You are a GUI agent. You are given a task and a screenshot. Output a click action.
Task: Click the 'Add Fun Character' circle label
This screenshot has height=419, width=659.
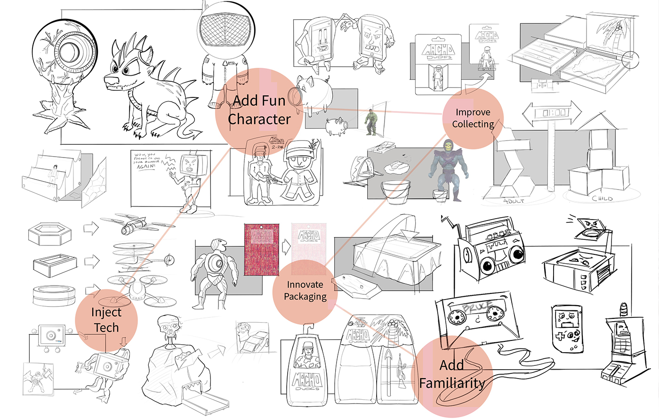pos(258,110)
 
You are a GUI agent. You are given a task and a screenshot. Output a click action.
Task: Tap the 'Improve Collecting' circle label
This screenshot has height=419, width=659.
pos(473,118)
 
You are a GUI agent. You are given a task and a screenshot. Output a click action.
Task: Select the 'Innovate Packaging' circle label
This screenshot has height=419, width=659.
pos(305,291)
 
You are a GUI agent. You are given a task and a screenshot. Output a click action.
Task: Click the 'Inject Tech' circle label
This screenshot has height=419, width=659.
pos(106,320)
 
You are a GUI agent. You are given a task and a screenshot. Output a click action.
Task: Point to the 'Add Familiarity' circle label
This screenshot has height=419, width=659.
pos(452,374)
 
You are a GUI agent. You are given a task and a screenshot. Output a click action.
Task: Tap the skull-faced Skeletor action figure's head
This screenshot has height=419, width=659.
pos(447,146)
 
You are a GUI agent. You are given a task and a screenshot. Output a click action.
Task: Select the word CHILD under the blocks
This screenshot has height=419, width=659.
pos(602,198)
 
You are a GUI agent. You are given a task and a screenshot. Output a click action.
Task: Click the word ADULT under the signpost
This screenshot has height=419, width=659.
pos(514,201)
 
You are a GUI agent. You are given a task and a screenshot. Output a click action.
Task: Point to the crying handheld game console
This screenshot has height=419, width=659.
pos(567,327)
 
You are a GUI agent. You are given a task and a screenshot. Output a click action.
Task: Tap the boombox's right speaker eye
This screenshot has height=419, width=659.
pos(516,254)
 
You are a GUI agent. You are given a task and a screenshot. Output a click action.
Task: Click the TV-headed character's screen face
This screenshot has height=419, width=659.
pos(190,164)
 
